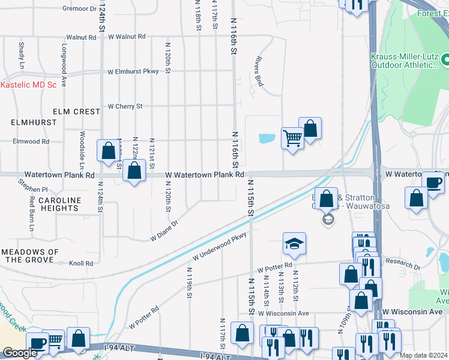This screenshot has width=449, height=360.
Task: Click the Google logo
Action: click(20, 353)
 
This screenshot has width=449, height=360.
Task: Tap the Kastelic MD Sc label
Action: click(28, 85)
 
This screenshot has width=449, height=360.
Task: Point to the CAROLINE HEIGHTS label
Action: click(59, 204)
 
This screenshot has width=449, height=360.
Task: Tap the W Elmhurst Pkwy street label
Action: click(133, 71)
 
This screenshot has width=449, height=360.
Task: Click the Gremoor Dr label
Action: click(79, 9)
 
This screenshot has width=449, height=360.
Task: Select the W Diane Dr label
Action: click(164, 232)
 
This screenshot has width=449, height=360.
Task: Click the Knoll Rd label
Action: click(81, 263)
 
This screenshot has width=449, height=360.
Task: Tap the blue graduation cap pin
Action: click(294, 244)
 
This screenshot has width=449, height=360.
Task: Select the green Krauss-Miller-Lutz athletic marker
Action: click(446, 60)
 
